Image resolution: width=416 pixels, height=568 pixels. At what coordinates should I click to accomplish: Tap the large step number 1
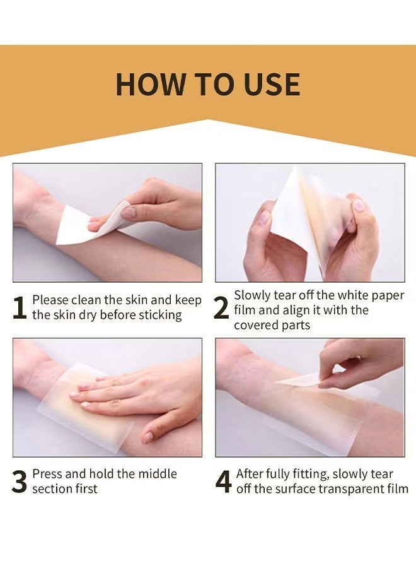tap(20, 307)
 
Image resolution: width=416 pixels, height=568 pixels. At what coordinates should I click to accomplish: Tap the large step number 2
tap(221, 307)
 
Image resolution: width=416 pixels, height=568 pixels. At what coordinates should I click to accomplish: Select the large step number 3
tap(20, 482)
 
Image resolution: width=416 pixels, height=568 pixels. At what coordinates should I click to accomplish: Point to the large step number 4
tap(224, 482)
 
